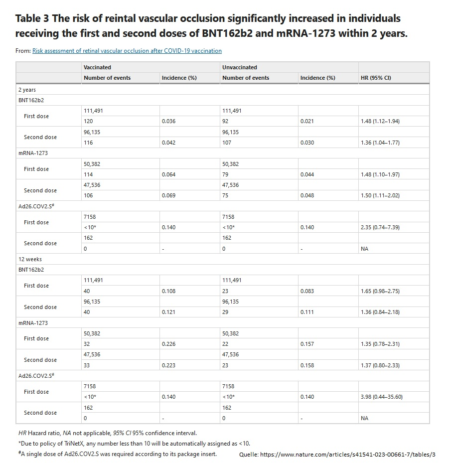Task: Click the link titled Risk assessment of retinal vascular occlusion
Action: pos(127,51)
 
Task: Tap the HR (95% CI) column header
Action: pos(376,78)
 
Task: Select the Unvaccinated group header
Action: pos(239,67)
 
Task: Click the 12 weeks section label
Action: pos(30,259)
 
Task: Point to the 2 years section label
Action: pos(27,90)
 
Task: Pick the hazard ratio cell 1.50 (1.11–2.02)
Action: pos(380,195)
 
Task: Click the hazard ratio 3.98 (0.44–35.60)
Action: pos(381,397)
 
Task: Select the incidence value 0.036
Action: pos(168,122)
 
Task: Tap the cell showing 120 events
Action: pos(88,122)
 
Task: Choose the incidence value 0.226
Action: pos(168,344)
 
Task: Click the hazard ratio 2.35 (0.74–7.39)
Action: pos(380,227)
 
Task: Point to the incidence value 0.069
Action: pos(168,195)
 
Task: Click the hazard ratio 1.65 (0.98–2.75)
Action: pos(380,291)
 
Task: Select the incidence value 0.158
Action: pos(307,365)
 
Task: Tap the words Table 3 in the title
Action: pos(32,18)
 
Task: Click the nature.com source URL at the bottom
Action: pos(347,455)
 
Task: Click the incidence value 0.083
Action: pos(307,291)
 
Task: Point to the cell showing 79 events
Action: pos(225,174)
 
